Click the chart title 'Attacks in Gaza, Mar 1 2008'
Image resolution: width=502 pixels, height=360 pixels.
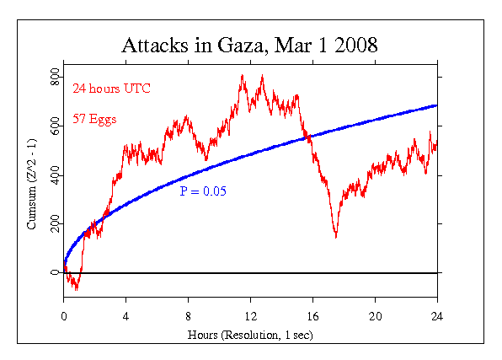tap(251, 45)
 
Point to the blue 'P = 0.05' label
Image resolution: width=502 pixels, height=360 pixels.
tap(203, 191)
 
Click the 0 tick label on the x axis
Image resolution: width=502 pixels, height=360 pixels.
tap(64, 316)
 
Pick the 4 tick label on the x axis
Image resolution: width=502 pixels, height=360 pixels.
tap(126, 316)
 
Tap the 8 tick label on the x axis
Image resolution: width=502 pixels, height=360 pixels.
tap(189, 316)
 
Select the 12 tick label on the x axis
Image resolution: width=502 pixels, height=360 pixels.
tap(251, 316)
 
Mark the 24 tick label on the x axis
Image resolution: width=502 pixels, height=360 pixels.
tap(437, 316)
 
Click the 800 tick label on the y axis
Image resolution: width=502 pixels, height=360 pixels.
tap(54, 78)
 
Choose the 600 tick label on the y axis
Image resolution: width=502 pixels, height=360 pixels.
tap(54, 126)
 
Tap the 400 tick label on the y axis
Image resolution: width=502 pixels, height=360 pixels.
tap(54, 175)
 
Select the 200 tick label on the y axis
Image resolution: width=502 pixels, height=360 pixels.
tap(54, 224)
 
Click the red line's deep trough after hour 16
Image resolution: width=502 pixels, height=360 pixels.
tap(336, 237)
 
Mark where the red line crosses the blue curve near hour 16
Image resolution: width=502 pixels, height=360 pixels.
tap(308, 137)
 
